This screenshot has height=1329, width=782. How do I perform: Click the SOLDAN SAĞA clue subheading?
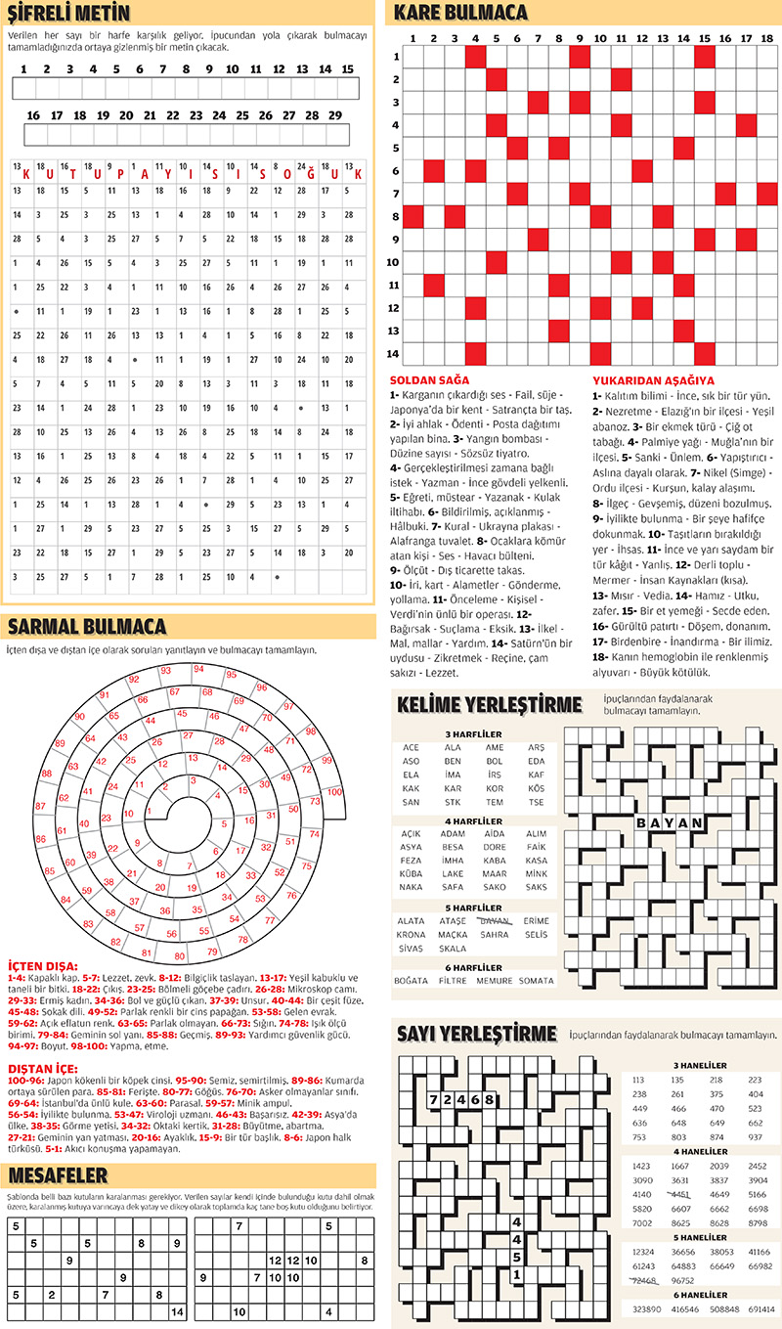click(x=428, y=379)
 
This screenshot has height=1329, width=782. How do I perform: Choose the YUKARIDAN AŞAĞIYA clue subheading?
click(x=652, y=379)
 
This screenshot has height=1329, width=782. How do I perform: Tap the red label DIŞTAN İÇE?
click(x=43, y=1068)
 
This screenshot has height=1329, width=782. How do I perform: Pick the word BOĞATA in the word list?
click(x=411, y=980)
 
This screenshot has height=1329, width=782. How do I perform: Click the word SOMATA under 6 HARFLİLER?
click(x=536, y=980)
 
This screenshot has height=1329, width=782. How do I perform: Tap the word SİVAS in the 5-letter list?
click(x=411, y=949)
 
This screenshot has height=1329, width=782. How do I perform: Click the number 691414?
click(x=761, y=1307)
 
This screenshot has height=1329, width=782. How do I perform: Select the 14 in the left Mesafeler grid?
click(x=176, y=1312)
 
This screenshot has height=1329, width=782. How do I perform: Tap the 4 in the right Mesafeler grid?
click(x=329, y=1312)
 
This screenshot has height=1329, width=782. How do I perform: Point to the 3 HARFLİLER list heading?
click(x=473, y=733)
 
